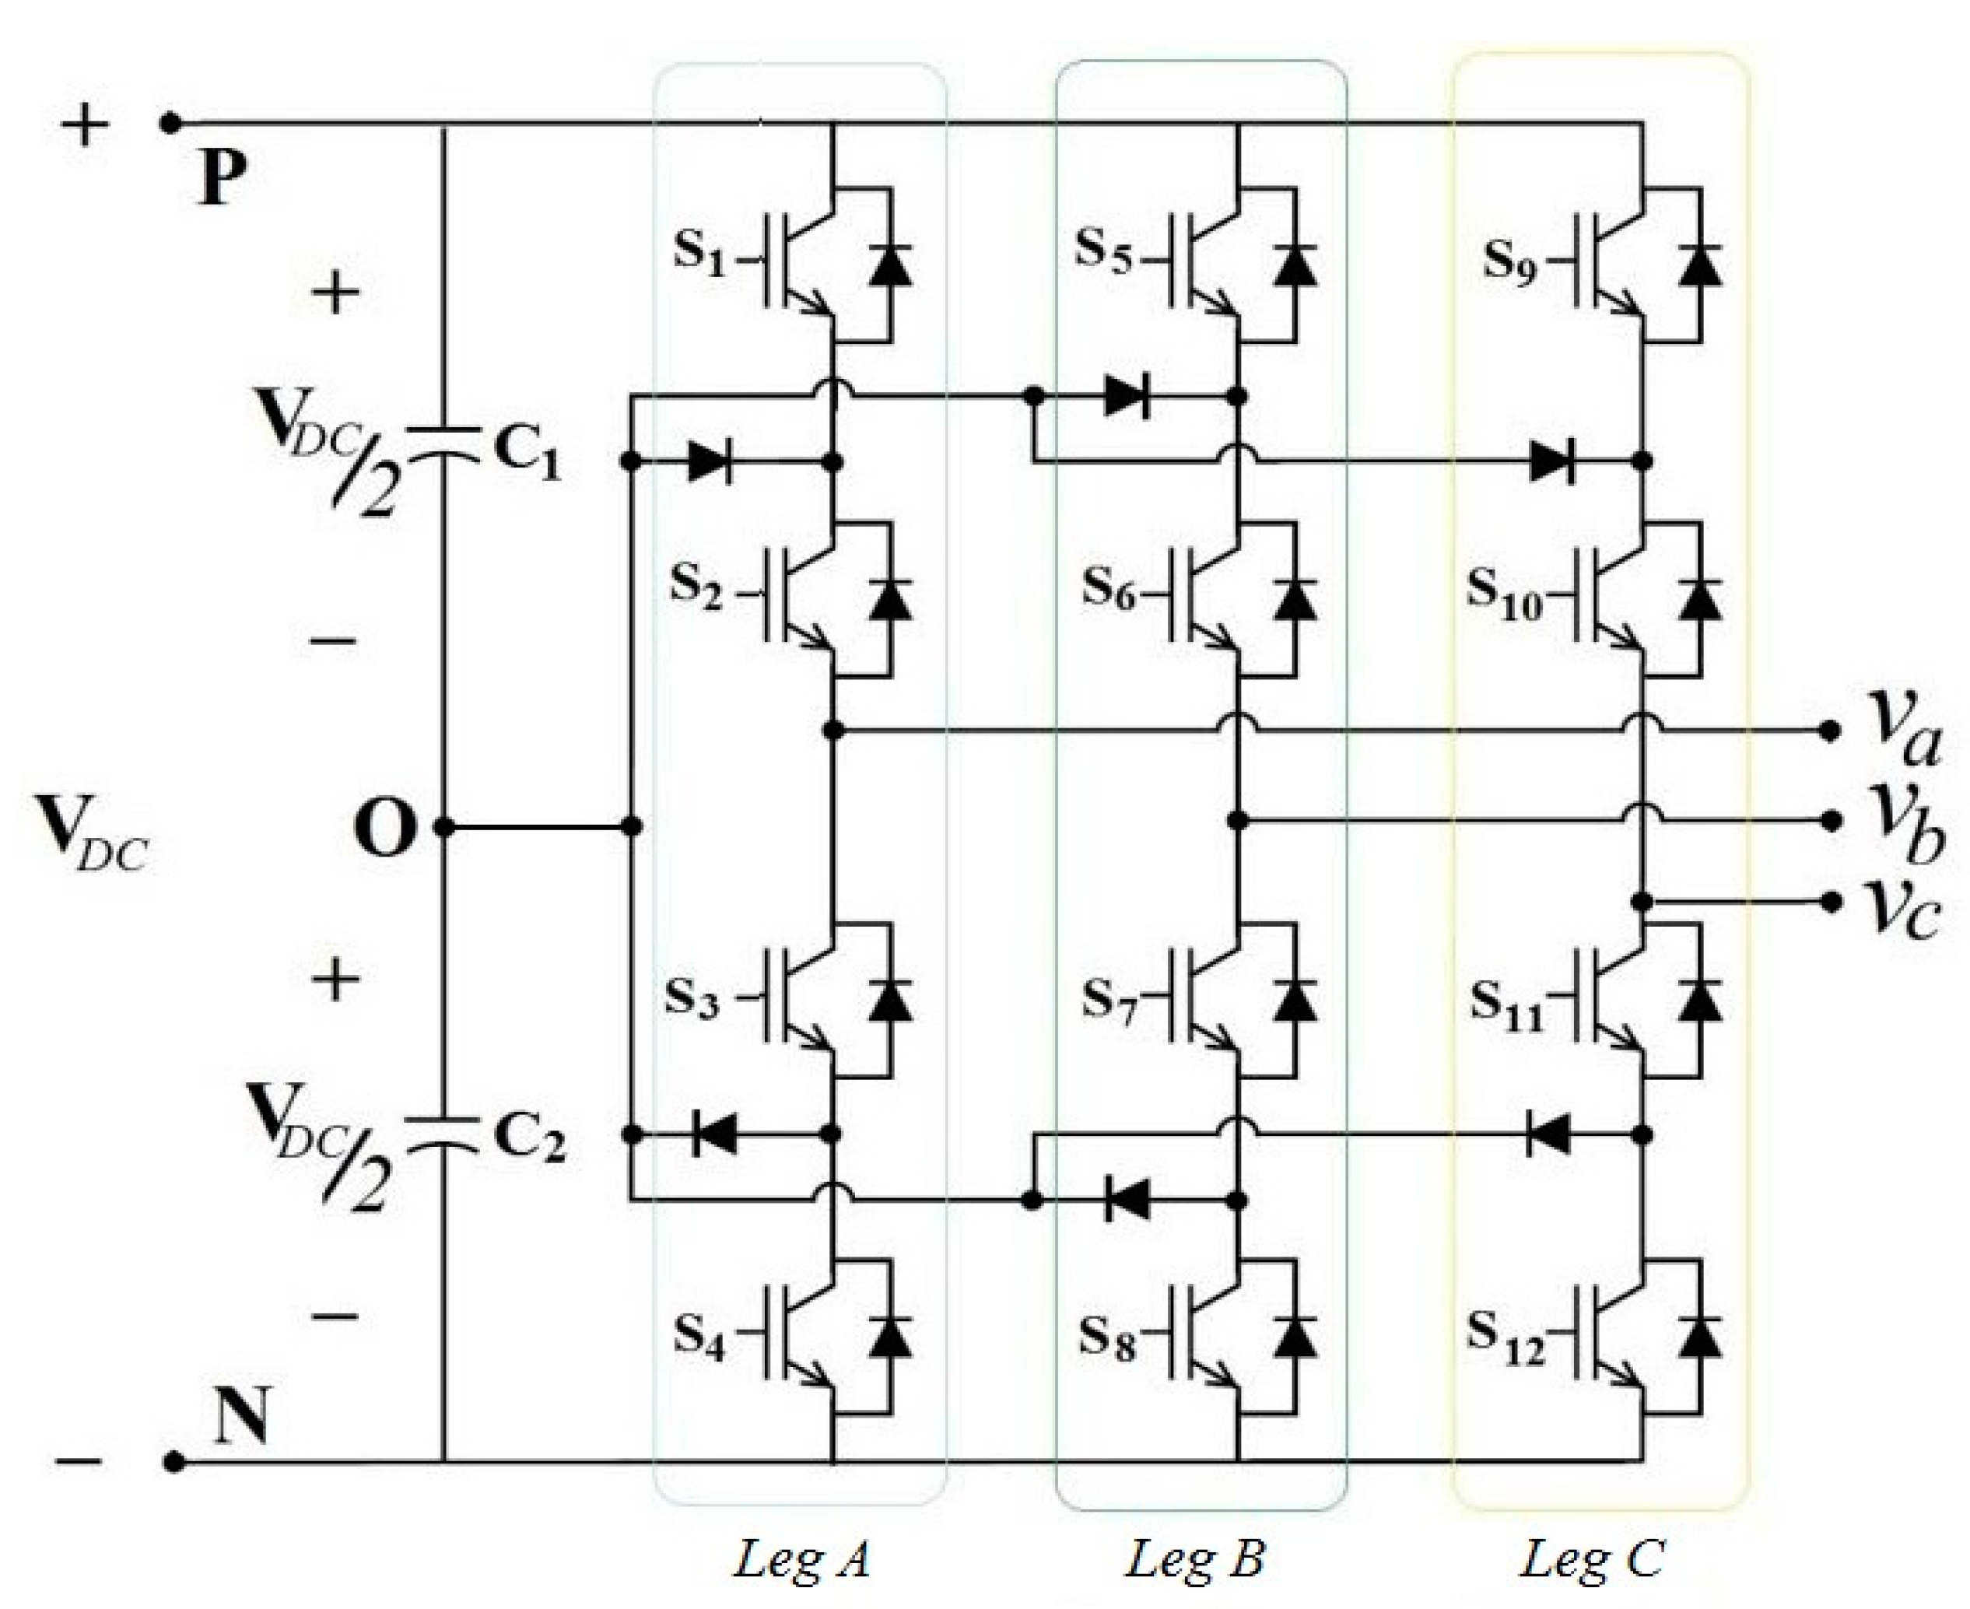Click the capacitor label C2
(529, 1138)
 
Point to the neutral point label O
(385, 828)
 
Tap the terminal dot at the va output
(1828, 731)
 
